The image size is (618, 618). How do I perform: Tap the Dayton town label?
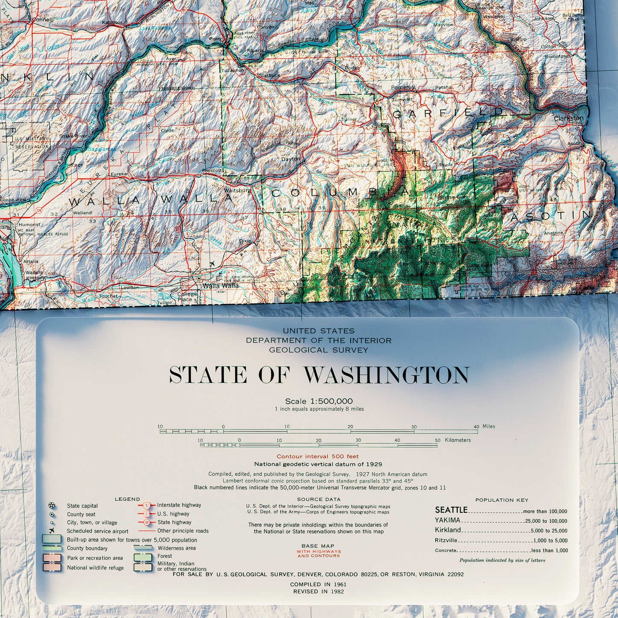290,159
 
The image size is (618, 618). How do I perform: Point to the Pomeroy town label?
402,87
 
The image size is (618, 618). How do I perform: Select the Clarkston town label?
568,118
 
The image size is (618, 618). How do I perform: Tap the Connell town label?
42,19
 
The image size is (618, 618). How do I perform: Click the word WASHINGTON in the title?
386,375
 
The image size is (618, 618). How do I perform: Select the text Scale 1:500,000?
319,401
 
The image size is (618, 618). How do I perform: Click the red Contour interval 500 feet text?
317,456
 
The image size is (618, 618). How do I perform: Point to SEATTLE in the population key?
451,510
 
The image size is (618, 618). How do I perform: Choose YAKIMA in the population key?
447,520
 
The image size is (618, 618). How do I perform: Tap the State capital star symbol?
52,506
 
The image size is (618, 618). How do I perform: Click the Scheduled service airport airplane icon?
52,531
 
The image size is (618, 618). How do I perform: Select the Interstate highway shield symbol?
146,505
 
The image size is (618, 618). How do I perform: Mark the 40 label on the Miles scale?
476,426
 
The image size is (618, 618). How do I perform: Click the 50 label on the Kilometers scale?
437,440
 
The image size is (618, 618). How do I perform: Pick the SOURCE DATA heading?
318,499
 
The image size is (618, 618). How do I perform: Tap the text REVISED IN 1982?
318,591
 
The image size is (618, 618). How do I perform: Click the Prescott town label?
212,171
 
